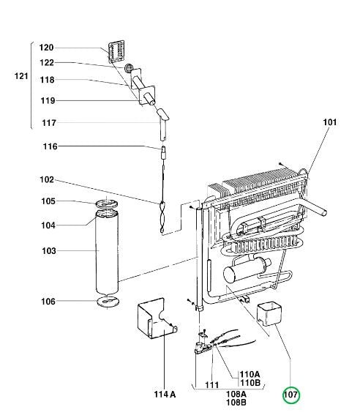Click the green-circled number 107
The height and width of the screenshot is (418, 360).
(x=291, y=395)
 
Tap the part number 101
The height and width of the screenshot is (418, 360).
(x=329, y=122)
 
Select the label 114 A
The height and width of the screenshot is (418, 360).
(x=165, y=395)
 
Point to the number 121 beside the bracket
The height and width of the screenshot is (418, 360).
(x=21, y=76)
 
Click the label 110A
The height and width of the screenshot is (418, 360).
(x=250, y=374)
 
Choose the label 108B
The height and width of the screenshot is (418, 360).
(x=236, y=403)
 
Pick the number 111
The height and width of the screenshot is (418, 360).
(x=212, y=384)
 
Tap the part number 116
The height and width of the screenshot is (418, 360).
(x=50, y=146)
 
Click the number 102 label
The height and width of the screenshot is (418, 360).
(x=47, y=179)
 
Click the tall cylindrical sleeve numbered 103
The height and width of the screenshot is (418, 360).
(x=107, y=252)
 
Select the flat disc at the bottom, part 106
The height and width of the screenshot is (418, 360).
(x=108, y=302)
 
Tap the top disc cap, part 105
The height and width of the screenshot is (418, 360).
(x=107, y=204)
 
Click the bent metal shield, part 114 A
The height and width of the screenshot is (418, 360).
(x=156, y=318)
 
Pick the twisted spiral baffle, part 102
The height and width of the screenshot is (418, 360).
(x=162, y=217)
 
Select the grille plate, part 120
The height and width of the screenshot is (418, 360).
(x=116, y=51)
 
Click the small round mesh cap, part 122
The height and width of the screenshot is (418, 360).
(x=129, y=67)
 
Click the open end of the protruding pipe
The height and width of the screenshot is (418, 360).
(x=324, y=213)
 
